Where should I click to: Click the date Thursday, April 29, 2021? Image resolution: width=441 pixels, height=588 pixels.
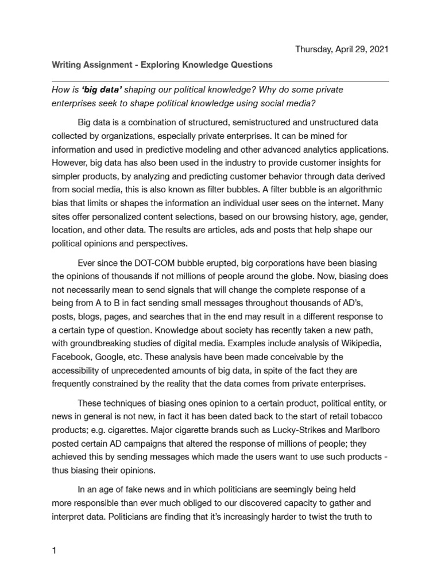tap(342, 49)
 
